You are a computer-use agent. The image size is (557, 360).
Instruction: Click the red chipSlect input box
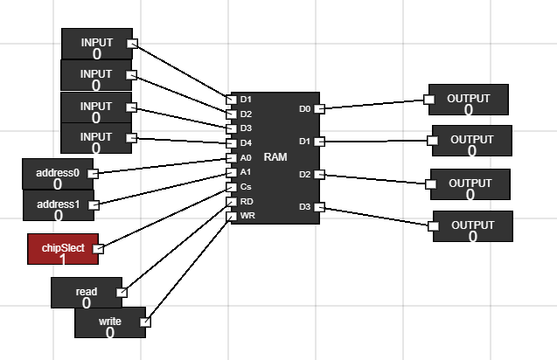[62, 249]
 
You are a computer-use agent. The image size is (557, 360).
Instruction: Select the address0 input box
[57, 174]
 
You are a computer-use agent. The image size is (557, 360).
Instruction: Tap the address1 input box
[57, 205]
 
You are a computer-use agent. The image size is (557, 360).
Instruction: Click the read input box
[86, 293]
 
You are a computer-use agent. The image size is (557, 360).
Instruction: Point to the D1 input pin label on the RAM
[246, 99]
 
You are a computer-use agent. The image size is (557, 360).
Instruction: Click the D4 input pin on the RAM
[233, 142]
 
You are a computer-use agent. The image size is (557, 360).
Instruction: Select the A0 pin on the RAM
[233, 157]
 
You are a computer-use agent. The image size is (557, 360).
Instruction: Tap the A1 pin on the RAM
[233, 172]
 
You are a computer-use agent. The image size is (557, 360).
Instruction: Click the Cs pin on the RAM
[233, 186]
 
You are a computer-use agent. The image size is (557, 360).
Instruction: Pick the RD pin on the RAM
[233, 201]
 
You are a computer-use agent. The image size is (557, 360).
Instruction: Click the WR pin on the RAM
[233, 215]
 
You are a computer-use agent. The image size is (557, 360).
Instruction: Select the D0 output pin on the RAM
[319, 109]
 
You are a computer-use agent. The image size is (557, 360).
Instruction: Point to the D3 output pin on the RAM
[319, 207]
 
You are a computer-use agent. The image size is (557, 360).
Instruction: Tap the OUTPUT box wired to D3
[472, 226]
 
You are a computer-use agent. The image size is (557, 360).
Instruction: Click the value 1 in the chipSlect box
[62, 259]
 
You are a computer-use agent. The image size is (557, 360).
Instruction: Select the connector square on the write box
[145, 322]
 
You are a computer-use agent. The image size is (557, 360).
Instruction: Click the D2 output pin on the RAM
[319, 175]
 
